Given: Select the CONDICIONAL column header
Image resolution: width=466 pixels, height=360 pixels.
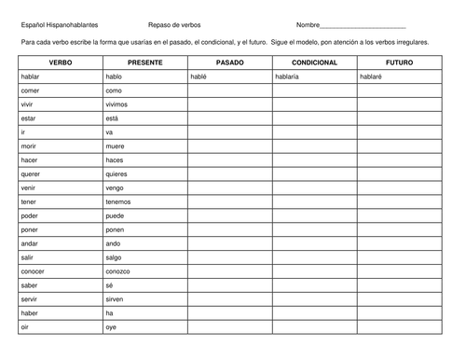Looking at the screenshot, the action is point(314,62).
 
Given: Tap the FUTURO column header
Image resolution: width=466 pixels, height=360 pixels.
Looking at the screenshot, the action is point(400,62).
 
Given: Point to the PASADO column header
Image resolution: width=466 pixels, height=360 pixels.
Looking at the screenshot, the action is point(229,62).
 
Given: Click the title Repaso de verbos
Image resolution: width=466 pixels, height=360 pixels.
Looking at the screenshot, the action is point(174,24).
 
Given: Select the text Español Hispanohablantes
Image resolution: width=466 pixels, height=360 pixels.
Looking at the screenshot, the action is point(59,24).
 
